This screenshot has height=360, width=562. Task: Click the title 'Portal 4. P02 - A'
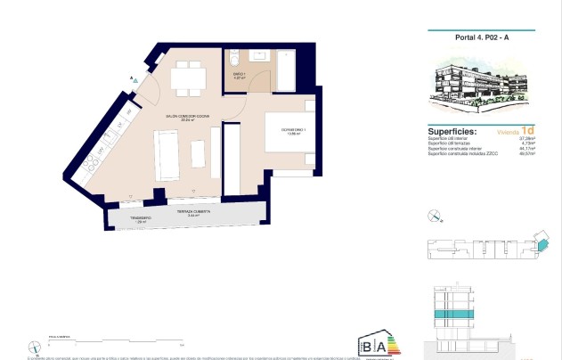pyautogui.click(x=482, y=37)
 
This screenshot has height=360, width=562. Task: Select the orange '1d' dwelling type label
pyautogui.click(x=528, y=130)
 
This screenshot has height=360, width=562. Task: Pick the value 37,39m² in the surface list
pyautogui.click(x=527, y=138)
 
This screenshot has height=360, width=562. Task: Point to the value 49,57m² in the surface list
pyautogui.click(x=527, y=154)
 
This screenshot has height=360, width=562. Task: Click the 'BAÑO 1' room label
pyautogui.click(x=239, y=76)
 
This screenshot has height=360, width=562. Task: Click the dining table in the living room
pyautogui.click(x=186, y=78)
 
